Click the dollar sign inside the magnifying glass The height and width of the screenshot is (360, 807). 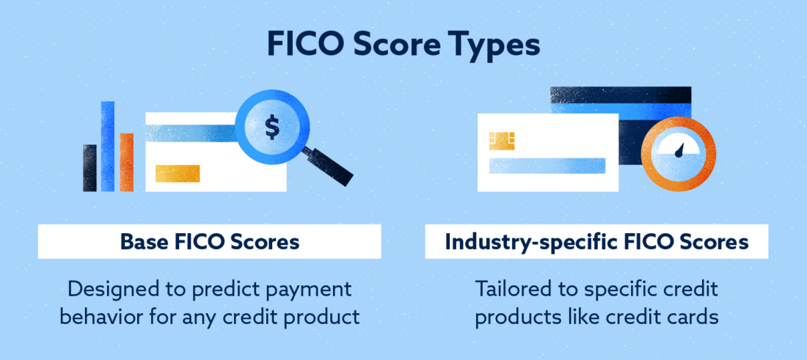pyautogui.click(x=272, y=128)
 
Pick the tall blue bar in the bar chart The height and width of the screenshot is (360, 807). pyautogui.click(x=108, y=146)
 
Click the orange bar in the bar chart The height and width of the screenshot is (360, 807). pyautogui.click(x=126, y=161)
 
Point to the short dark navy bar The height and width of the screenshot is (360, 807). pyautogui.click(x=90, y=168)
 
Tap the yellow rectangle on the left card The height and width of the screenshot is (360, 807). pyautogui.click(x=178, y=173)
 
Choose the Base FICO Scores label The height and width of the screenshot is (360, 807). pyautogui.click(x=210, y=242)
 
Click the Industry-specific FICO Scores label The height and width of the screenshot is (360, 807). pyautogui.click(x=596, y=242)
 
